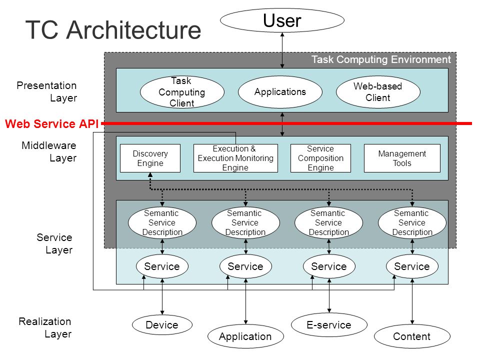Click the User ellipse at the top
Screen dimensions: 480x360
pos(282,20)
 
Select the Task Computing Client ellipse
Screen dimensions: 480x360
pos(182,92)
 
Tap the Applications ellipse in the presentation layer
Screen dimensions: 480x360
pos(280,92)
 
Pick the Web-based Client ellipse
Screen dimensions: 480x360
pos(378,92)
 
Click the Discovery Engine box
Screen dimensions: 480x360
pos(150,158)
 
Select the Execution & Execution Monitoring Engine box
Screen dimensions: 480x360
pos(235,158)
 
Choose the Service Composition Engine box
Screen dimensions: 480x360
pos(320,158)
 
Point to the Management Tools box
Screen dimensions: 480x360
pos(402,158)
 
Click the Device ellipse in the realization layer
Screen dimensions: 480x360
pos(162,325)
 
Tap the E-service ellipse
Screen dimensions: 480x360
pos(329,325)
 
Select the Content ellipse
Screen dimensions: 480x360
pos(412,336)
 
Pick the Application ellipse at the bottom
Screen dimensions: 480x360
pos(245,336)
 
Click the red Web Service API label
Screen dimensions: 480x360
pos(51,123)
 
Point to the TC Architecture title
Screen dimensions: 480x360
pos(113,29)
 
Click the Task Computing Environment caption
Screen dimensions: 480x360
pos(381,59)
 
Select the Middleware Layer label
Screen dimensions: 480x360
pos(49,151)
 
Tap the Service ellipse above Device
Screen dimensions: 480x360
pos(162,266)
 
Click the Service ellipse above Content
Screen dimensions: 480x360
pos(412,266)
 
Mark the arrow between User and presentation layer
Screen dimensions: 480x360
pos(282,50)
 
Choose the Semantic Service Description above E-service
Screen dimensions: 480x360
pos(329,222)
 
